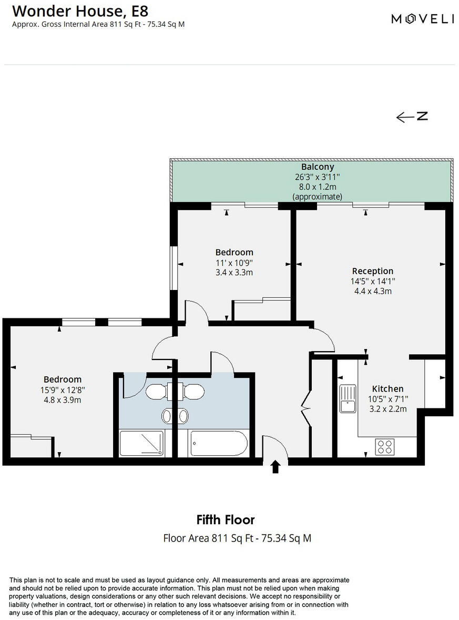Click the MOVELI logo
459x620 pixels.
pos(423,19)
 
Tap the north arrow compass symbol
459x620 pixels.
pos(412,117)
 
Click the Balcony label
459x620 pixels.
pos(318,167)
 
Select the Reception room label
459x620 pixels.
pos(372,271)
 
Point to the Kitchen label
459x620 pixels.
pos(387,389)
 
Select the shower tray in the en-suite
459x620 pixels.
pos(141,443)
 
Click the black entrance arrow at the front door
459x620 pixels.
pos(275,467)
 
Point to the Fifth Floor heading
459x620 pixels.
pos(226,520)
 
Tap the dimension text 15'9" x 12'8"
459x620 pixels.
pos(62,390)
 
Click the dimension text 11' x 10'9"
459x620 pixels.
pos(234,263)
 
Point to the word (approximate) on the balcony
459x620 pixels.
pos(318,197)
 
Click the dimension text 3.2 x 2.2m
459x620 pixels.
pos(387,408)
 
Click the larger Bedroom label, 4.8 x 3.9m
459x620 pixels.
pos(62,379)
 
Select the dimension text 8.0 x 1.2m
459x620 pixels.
pos(318,187)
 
